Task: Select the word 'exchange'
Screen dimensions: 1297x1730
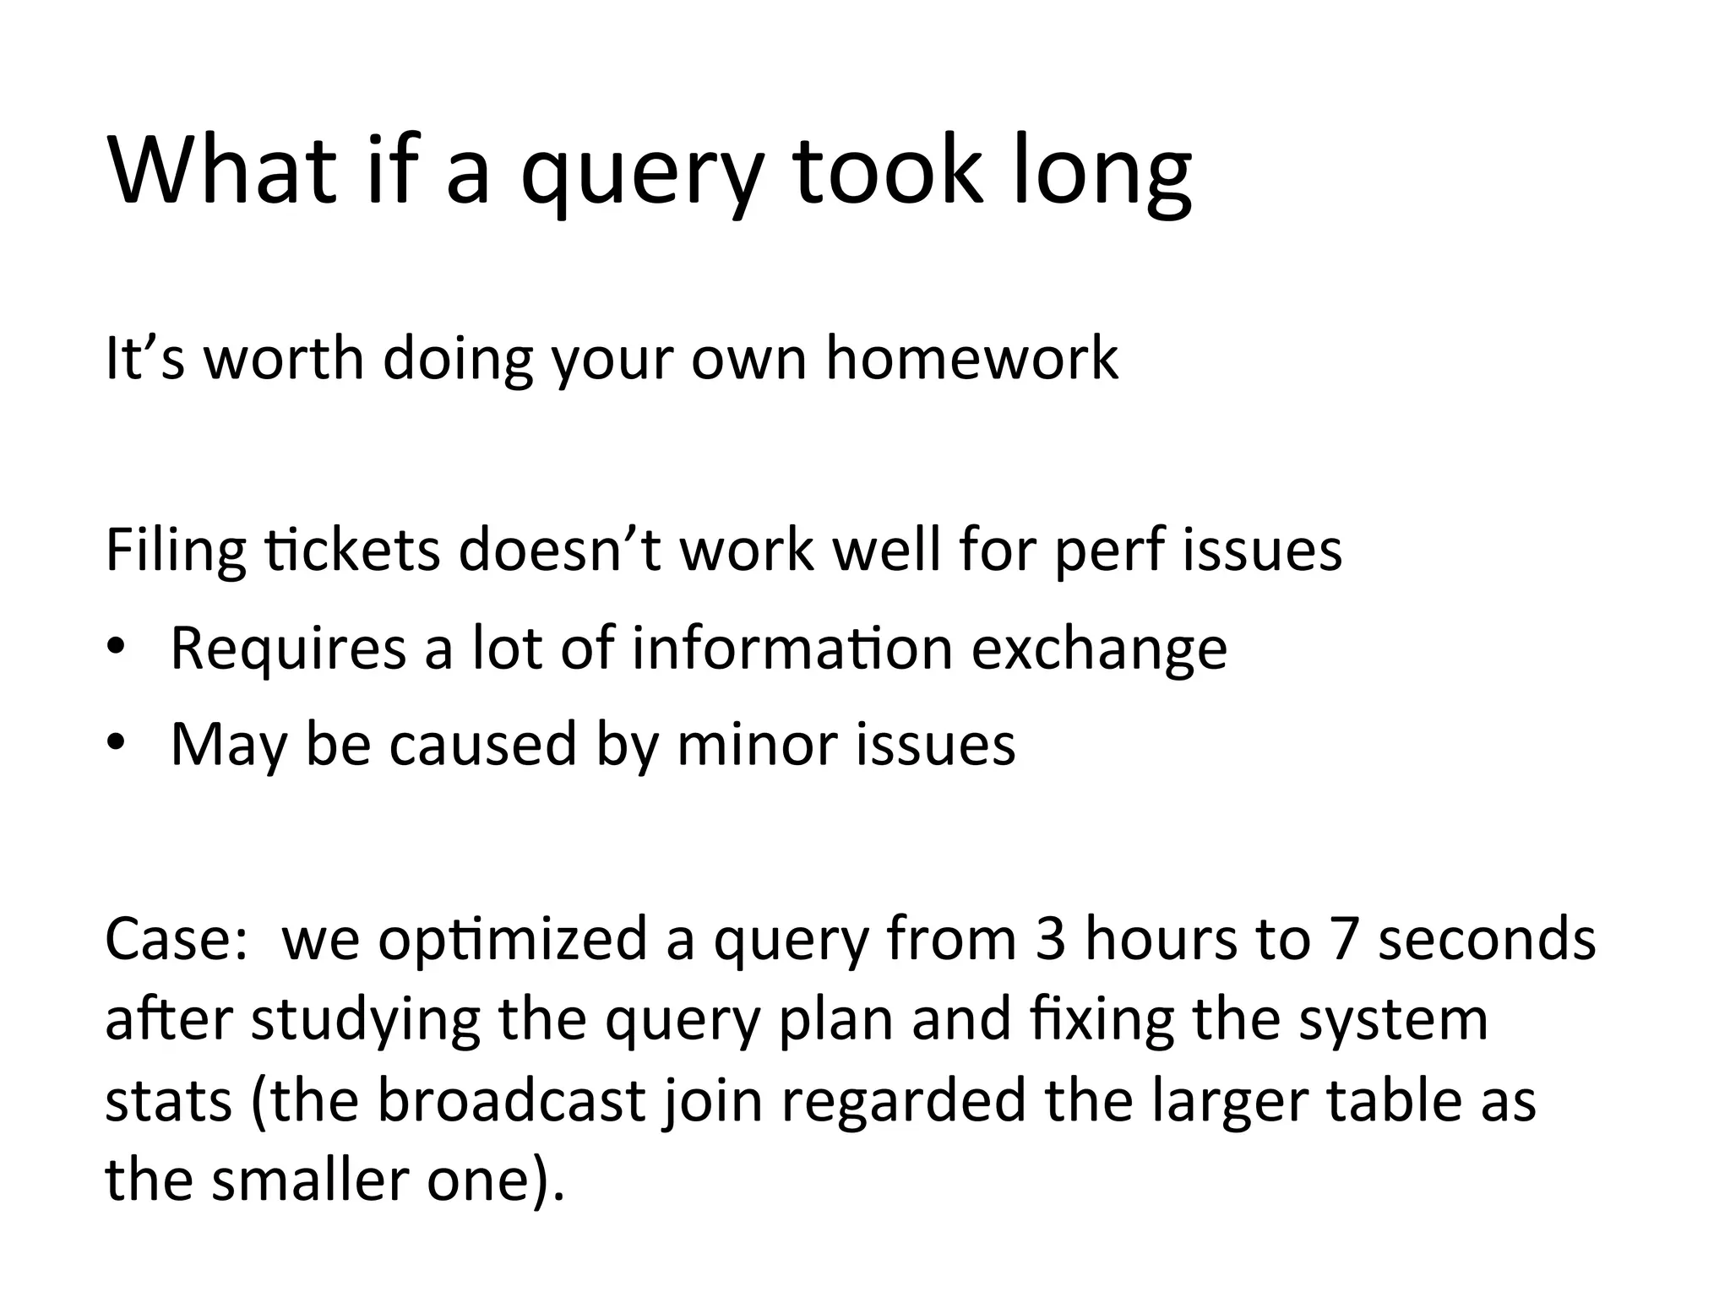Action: tap(1098, 648)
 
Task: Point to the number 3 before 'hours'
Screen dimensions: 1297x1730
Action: tap(1050, 939)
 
